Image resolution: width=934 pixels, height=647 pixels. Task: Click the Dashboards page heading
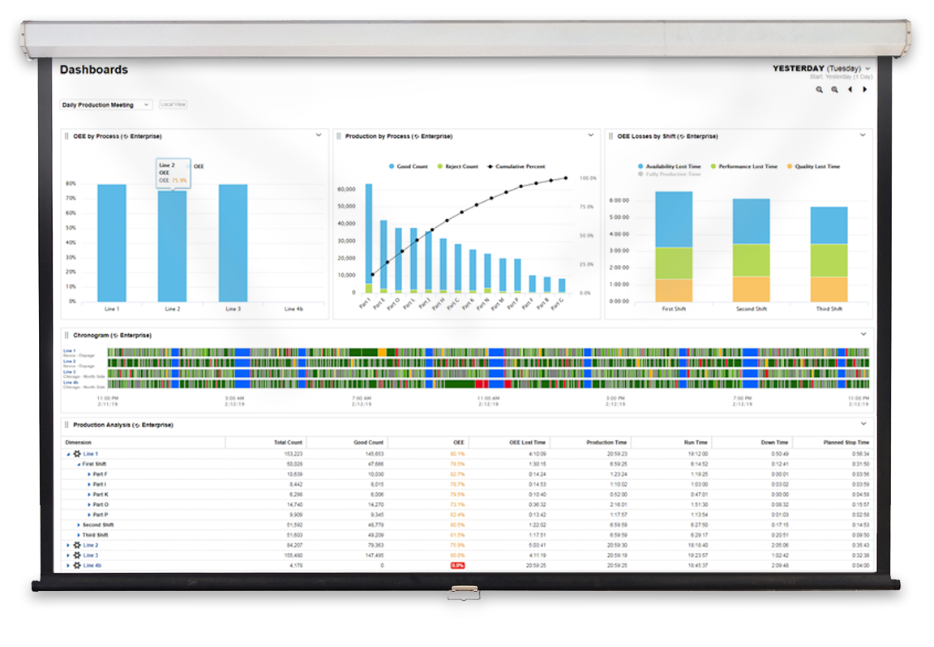tap(93, 70)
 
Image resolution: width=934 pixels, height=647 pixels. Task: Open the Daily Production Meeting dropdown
tap(106, 105)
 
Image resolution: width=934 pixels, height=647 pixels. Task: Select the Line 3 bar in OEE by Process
tap(233, 243)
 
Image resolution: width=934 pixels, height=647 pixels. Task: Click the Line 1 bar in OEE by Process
tap(112, 243)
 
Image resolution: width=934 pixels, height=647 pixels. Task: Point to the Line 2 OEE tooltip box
tap(173, 173)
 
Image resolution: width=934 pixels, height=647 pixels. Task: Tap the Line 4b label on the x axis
tap(293, 309)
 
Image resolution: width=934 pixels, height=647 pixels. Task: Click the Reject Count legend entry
tap(458, 166)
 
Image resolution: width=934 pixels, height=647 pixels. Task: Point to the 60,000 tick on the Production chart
tap(345, 189)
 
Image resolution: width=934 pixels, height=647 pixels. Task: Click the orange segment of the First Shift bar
tap(674, 290)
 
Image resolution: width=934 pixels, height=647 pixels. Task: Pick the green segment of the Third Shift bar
tap(829, 260)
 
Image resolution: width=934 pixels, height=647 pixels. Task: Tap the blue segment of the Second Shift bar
tap(752, 221)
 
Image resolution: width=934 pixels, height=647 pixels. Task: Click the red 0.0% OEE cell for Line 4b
tap(457, 565)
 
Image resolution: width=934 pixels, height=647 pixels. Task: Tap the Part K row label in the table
tap(101, 494)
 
